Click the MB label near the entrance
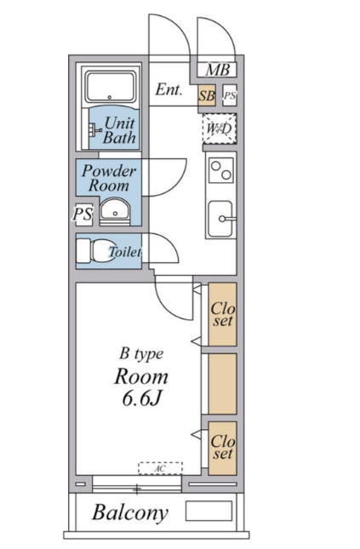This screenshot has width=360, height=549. [218, 70]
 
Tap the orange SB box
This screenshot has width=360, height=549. [207, 95]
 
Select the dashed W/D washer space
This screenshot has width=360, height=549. [220, 129]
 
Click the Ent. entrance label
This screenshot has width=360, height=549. [169, 89]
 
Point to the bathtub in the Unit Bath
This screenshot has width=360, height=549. [111, 87]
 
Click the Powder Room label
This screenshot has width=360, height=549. [109, 178]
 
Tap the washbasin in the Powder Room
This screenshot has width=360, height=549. [115, 211]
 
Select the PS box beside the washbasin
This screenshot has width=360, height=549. [83, 214]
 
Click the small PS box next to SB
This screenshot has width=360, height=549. [230, 95]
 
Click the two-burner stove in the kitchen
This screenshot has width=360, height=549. [221, 170]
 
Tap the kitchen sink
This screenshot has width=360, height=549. [220, 219]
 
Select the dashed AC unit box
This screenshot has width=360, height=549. [160, 468]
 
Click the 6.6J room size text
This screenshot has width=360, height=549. [142, 397]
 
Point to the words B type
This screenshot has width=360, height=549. [141, 354]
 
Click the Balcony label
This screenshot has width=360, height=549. [130, 512]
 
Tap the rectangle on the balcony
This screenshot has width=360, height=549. [209, 511]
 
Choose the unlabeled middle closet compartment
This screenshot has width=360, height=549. [222, 384]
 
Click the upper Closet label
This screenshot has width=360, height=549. [223, 315]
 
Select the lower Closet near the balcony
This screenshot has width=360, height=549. [222, 449]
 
